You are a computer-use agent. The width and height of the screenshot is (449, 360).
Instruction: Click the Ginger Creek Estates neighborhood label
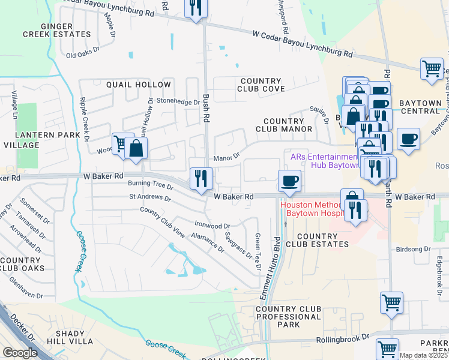(x=65, y=30)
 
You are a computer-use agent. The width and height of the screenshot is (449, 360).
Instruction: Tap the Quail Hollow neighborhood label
(x=139, y=85)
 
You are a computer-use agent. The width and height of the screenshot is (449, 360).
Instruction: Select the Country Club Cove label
(x=261, y=85)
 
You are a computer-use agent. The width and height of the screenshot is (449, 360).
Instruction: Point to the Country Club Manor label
(x=284, y=125)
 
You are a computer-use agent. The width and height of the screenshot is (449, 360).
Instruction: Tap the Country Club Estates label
(x=317, y=240)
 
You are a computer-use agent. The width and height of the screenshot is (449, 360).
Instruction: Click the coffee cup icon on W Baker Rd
(x=289, y=180)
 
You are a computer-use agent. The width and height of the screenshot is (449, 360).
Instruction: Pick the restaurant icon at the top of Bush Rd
(x=196, y=7)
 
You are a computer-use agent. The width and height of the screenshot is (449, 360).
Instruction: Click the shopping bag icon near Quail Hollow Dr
(x=137, y=148)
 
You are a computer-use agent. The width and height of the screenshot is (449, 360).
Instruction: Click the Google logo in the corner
(x=20, y=353)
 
